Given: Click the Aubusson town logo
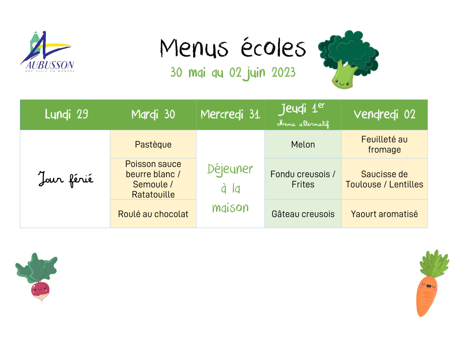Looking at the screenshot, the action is click(47, 52).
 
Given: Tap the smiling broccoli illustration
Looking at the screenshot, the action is click(348, 59).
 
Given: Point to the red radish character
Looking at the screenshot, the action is click(37, 277).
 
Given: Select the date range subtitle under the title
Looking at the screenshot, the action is click(233, 73).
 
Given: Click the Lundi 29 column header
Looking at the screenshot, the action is click(66, 114).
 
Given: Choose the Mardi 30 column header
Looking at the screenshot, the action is click(153, 114).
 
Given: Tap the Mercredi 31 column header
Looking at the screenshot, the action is click(230, 114).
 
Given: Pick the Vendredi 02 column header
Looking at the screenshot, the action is click(384, 114).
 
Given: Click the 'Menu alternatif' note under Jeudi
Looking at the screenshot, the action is click(303, 124).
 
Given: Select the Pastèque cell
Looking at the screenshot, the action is click(153, 144).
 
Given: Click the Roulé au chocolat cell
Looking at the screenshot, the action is click(153, 214).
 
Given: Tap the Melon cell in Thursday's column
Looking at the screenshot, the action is click(303, 144).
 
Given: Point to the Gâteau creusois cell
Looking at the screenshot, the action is click(303, 214).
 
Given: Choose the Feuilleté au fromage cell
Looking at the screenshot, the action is click(384, 144).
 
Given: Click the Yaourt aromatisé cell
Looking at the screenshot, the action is click(384, 214).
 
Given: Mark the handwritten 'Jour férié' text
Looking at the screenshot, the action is click(65, 179).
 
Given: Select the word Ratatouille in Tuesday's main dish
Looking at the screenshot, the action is click(153, 194).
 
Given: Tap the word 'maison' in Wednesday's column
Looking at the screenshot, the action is click(230, 208).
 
